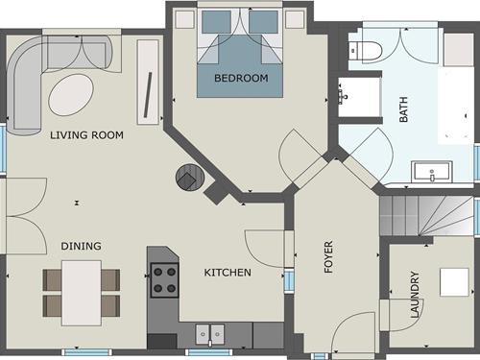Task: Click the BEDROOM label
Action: click(x=241, y=78)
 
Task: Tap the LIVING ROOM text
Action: click(x=86, y=135)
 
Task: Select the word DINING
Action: click(x=81, y=246)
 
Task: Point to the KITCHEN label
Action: click(x=228, y=273)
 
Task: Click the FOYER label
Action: click(x=328, y=256)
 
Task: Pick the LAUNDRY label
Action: click(x=415, y=295)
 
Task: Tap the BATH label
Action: click(x=403, y=109)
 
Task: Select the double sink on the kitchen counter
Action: click(x=210, y=334)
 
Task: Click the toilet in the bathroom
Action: click(x=366, y=51)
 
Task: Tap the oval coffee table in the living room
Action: click(x=71, y=95)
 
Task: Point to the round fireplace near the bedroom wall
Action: click(x=190, y=178)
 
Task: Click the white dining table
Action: click(x=82, y=293)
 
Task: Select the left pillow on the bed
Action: click(x=216, y=22)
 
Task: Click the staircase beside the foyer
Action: click(x=426, y=215)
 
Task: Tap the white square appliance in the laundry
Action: click(x=454, y=282)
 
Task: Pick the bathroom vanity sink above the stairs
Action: click(x=432, y=172)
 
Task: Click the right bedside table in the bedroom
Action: click(x=295, y=19)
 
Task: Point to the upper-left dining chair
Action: click(x=52, y=279)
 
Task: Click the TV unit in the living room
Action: click(x=148, y=82)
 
